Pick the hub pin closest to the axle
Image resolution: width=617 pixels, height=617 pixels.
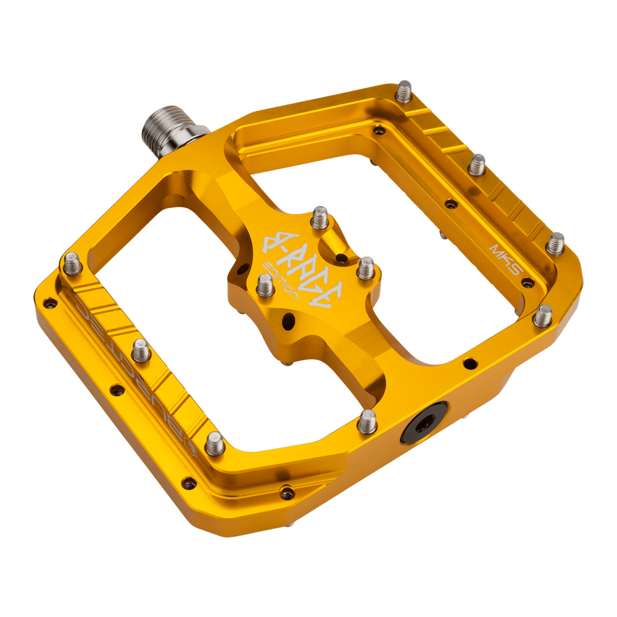[320, 215]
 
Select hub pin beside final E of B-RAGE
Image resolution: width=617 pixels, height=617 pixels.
[366, 267]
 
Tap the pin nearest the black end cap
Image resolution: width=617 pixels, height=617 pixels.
[368, 421]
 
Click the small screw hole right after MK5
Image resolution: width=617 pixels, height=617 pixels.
[528, 283]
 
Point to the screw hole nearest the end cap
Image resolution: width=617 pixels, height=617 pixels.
[470, 363]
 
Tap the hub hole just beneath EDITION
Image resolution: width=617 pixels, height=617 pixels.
[286, 318]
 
